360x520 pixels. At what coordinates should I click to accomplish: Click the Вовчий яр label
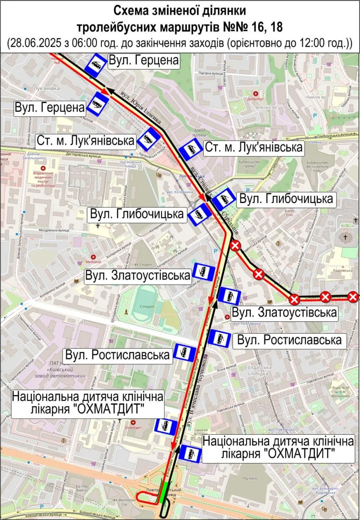tap(266, 108)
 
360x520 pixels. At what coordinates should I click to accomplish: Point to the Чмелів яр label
tap(316, 97)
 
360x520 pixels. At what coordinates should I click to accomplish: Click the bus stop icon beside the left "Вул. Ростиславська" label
tap(185, 352)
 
